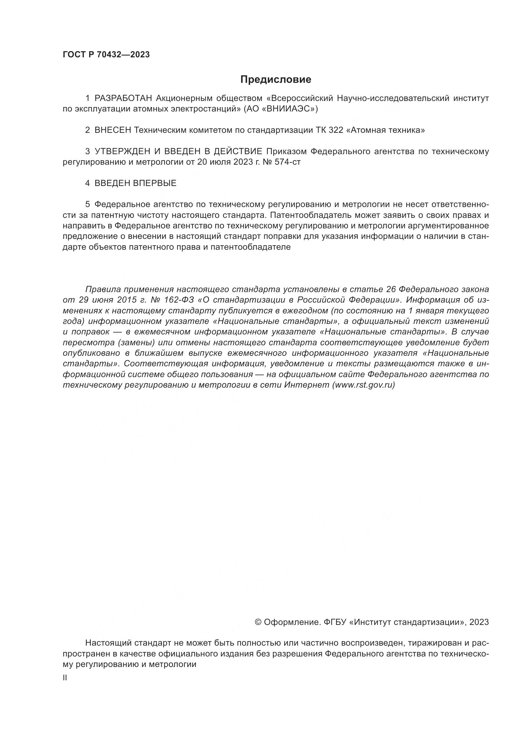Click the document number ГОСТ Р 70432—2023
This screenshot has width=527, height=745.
point(106,55)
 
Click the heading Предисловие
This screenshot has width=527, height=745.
point(276,80)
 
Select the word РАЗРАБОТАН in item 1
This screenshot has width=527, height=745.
point(123,98)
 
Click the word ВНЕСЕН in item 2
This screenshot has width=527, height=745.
point(112,130)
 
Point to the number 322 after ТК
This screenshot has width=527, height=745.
point(336,130)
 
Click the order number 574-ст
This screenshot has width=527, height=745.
point(287,162)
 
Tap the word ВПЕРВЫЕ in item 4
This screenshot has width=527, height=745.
point(155,183)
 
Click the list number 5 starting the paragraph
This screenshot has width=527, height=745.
point(87,204)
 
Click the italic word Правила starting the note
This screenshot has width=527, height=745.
point(103,289)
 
